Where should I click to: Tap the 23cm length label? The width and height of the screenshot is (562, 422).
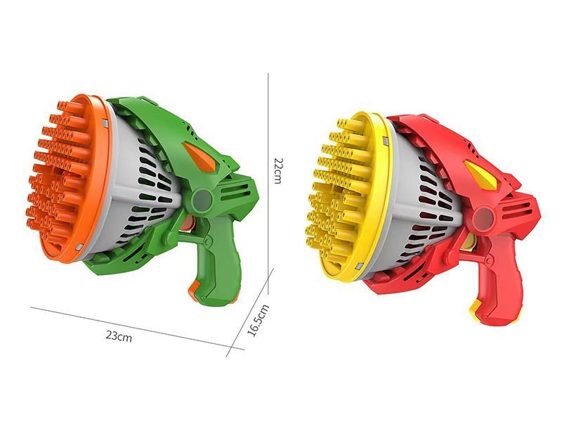point(119,335)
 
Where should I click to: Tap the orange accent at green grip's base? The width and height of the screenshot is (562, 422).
point(195,288)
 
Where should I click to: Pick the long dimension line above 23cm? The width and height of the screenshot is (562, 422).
point(126,324)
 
